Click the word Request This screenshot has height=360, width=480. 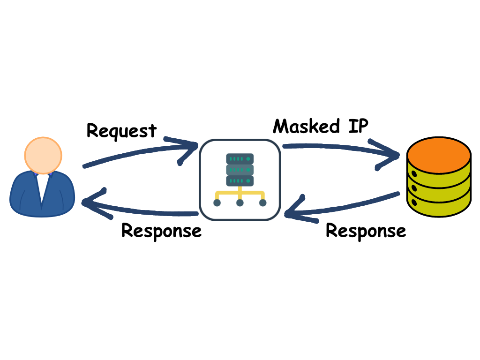click(121, 130)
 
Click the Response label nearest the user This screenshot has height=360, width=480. click(161, 231)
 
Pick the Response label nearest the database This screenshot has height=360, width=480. click(366, 231)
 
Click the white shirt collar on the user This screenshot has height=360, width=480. click(43, 182)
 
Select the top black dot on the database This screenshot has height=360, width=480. click(413, 174)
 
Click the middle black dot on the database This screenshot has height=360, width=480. click(413, 188)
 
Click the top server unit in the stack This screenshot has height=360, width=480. click(240, 158)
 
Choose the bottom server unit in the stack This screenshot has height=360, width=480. click(240, 180)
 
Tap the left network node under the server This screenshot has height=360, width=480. click(217, 203)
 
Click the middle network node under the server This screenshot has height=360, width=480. click(240, 203)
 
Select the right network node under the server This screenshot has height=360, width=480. click(262, 203)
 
